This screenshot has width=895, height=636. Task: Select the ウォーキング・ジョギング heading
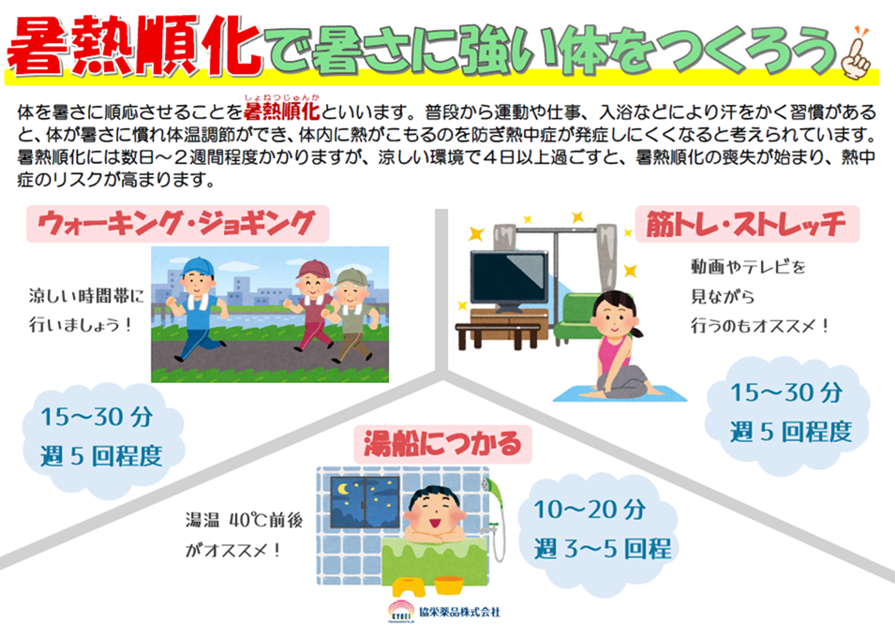(x=177, y=224)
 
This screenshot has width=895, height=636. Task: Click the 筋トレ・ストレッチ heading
(x=747, y=224)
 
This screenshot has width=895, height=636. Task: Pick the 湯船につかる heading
(x=443, y=444)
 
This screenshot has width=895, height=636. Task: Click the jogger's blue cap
(x=198, y=267)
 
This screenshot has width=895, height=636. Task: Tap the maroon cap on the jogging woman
(x=312, y=269)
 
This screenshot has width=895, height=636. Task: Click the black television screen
(x=509, y=277)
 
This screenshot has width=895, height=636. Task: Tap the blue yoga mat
(x=619, y=393)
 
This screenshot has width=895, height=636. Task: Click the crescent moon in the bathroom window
(x=343, y=489)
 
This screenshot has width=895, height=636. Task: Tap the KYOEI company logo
(x=401, y=613)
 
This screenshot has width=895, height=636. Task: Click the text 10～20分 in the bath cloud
(x=589, y=510)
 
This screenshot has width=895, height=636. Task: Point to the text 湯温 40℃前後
(x=244, y=520)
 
